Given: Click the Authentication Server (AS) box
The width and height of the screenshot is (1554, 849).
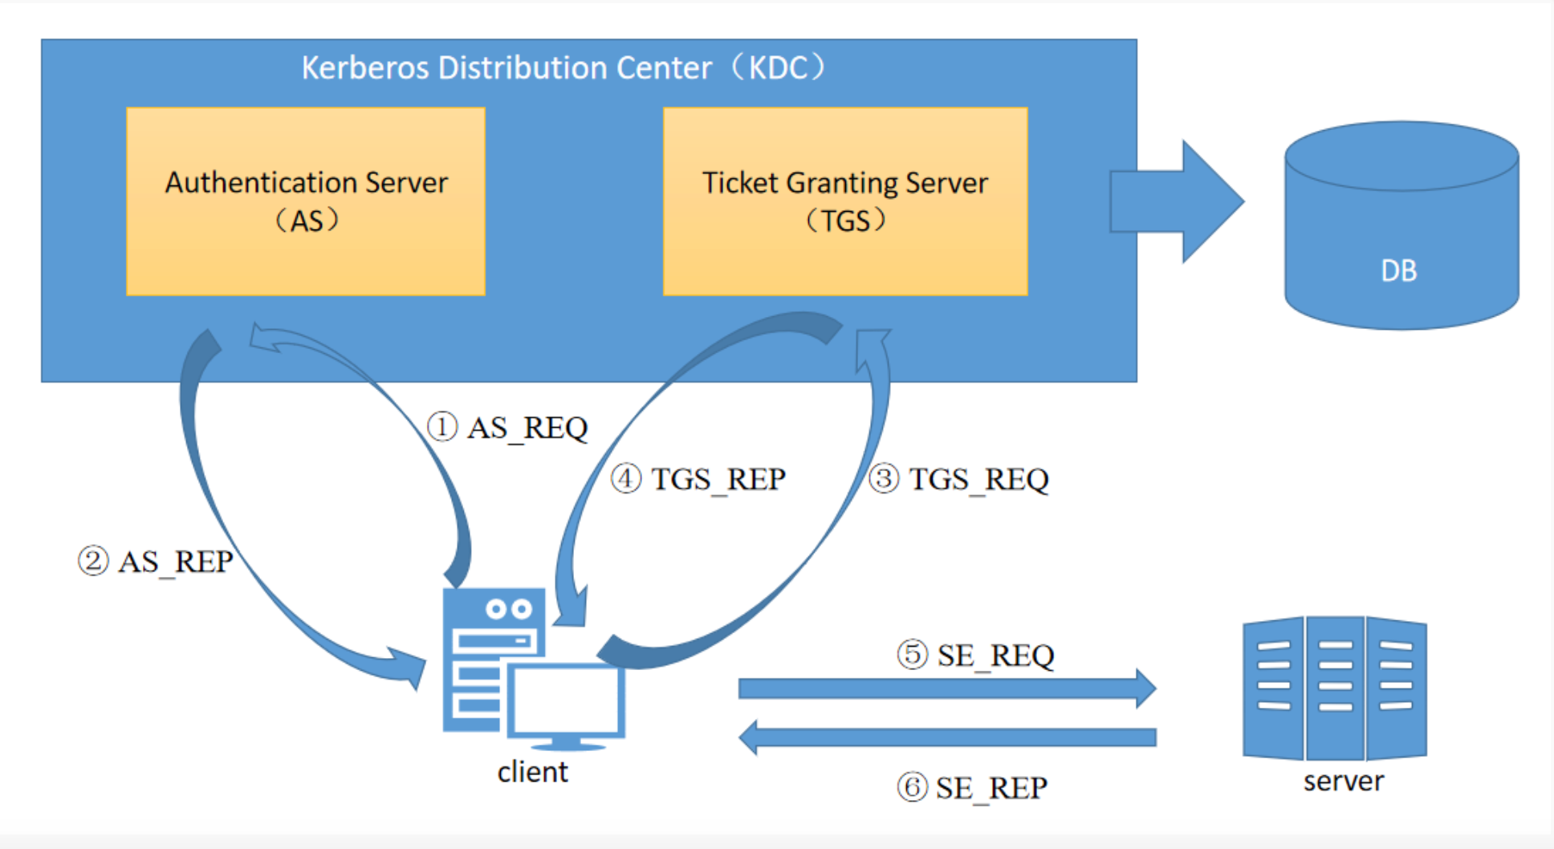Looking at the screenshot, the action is click(306, 201).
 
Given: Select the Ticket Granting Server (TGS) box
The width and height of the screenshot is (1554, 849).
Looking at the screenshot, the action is click(845, 201).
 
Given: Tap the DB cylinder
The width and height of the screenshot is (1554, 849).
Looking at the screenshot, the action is click(1401, 225).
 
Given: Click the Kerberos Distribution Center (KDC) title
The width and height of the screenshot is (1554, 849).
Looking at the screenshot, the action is click(563, 67).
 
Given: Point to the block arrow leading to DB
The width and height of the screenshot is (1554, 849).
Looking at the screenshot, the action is click(1177, 201).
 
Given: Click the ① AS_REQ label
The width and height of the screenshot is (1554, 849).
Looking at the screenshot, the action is click(507, 428).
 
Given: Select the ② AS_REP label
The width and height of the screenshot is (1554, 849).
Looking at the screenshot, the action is click(156, 561).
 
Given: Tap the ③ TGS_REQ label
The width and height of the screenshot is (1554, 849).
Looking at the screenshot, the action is click(959, 479).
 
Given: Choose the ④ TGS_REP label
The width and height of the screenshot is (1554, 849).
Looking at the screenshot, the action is click(698, 479).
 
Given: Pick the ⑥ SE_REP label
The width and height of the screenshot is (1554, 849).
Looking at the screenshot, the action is click(972, 787).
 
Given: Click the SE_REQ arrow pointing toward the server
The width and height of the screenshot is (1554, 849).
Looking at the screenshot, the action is click(947, 689).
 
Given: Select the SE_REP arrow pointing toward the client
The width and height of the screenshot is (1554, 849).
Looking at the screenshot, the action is click(947, 737).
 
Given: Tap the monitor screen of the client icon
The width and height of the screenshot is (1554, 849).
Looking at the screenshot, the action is click(567, 700).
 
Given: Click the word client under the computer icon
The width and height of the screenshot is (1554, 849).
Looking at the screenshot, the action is click(532, 772).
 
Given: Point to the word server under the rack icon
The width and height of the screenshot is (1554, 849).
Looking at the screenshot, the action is click(1344, 781).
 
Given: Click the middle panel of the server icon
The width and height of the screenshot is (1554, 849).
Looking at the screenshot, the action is click(1336, 688).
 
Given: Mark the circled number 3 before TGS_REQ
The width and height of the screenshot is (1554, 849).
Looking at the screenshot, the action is click(884, 479).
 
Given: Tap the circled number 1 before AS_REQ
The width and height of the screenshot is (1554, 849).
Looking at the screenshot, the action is click(441, 427).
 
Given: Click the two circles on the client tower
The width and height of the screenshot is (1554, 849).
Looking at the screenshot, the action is click(509, 609).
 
